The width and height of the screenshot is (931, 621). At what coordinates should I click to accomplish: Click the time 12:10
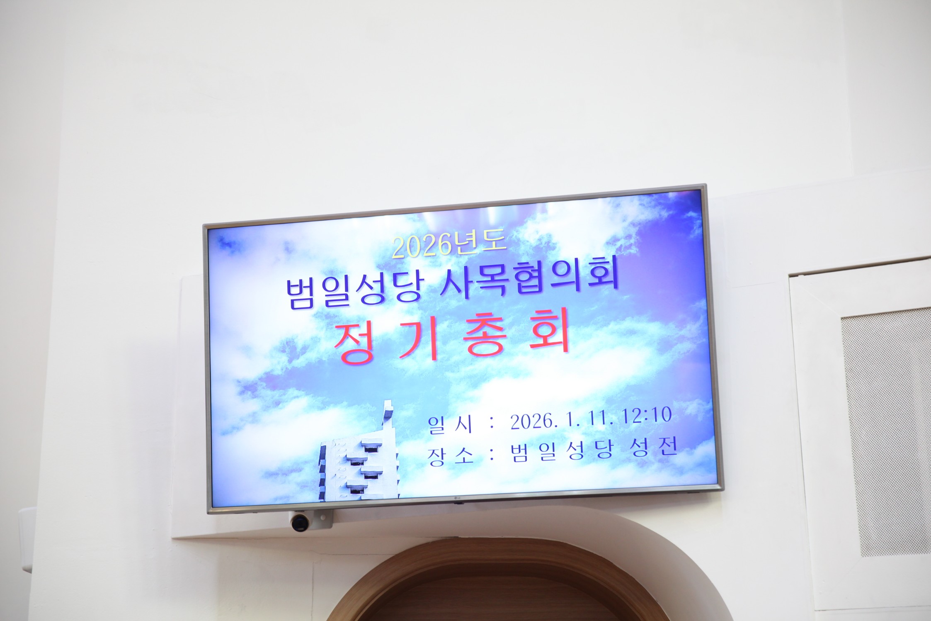646,416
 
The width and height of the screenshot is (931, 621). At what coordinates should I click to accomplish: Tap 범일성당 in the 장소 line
562,451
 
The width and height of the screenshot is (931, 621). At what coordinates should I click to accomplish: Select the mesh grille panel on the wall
886,432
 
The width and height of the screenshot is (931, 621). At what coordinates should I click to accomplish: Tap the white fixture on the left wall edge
26,539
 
